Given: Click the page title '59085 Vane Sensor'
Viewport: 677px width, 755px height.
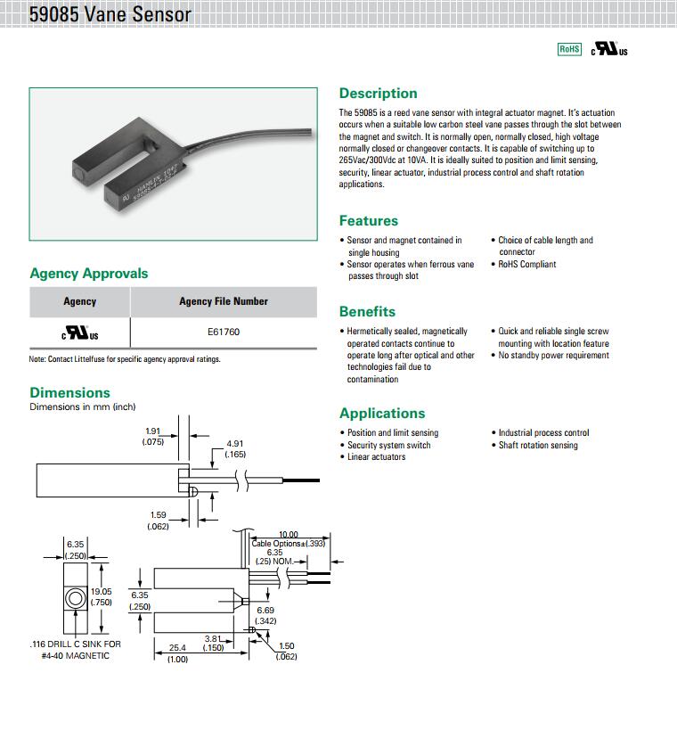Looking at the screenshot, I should coord(110,15).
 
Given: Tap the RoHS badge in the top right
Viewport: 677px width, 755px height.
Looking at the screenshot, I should coord(569,49).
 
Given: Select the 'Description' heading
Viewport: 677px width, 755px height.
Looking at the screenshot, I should coord(378,94).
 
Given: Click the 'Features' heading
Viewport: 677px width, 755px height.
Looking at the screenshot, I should coord(368,221).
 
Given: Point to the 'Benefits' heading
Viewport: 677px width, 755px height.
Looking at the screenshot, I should coord(367,312).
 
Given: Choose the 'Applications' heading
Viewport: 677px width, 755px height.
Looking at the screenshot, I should coord(382,414).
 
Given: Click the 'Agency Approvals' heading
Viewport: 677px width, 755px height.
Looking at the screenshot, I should coord(89,274).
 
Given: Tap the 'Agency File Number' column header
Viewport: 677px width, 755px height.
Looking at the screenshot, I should coord(224,301).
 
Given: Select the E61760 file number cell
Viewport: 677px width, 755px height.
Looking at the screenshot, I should coord(224,332).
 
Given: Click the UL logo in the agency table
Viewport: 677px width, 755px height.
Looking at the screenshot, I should coord(79,333).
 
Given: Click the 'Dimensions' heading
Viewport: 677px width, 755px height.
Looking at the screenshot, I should coord(70,393).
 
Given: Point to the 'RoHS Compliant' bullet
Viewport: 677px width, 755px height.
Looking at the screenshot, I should coord(527,265).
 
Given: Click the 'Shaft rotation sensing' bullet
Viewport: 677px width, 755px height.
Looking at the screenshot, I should coord(538,446).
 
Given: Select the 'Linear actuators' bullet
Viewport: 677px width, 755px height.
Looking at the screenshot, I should coord(376,457).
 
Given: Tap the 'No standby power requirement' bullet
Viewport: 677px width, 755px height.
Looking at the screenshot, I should coord(554,356).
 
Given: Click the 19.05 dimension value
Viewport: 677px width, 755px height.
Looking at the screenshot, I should coord(101,591).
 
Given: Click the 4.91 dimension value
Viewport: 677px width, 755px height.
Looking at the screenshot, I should coord(235,443).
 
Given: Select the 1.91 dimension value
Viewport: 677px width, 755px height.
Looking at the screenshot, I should coord(153,431).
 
